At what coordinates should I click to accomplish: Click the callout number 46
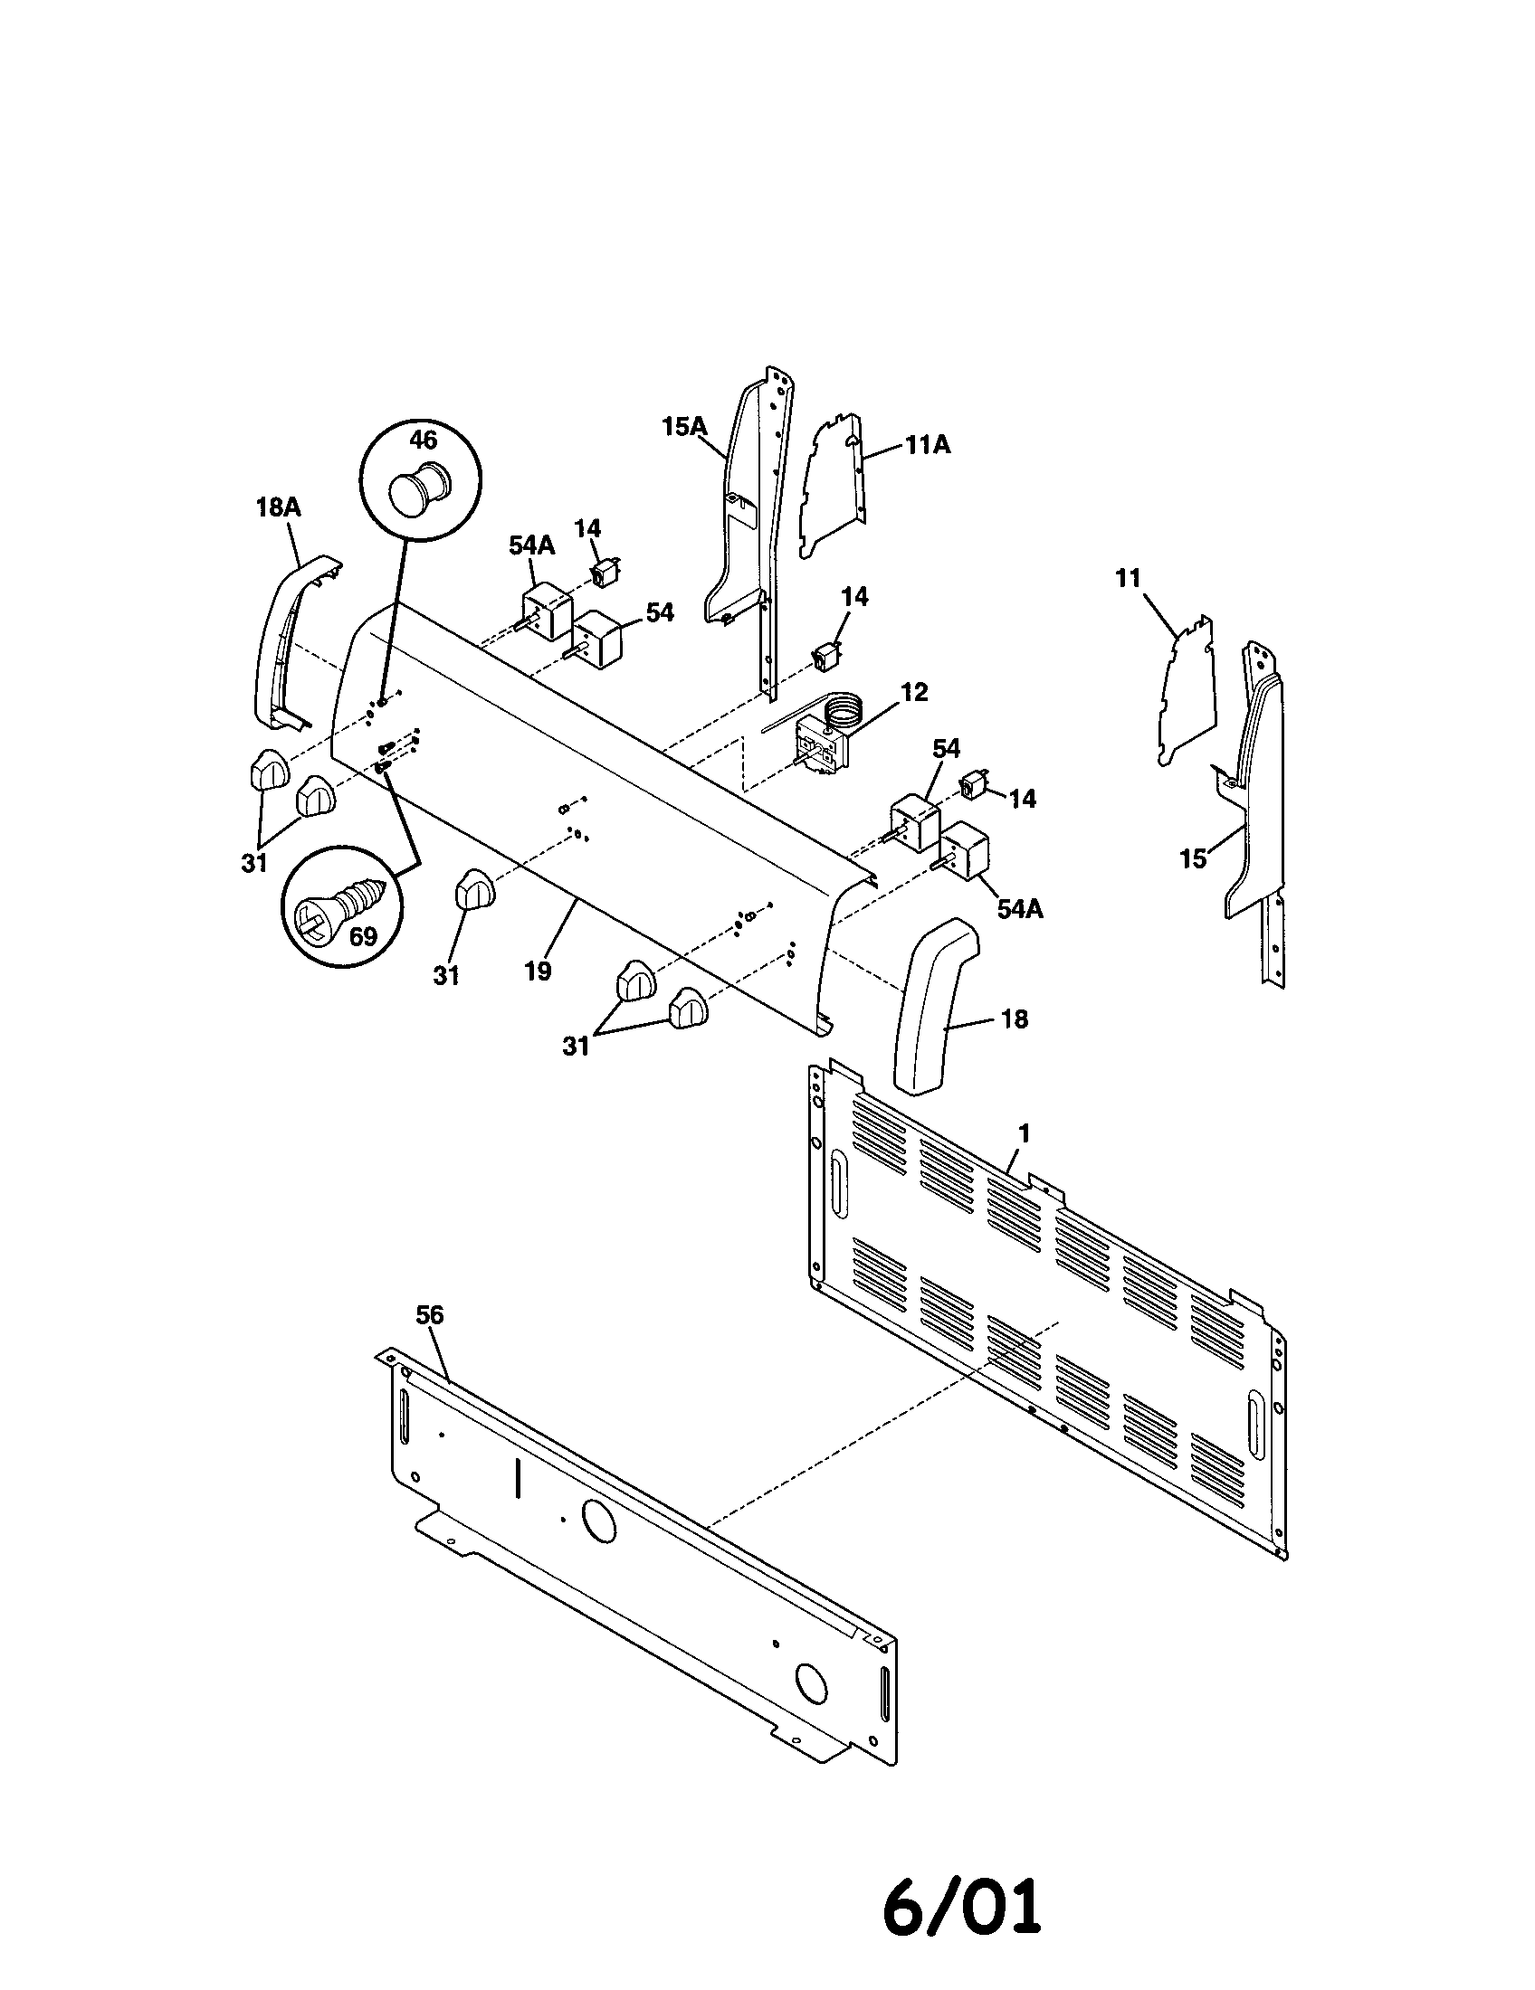point(423,441)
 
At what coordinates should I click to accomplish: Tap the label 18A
point(278,507)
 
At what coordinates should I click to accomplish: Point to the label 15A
point(684,425)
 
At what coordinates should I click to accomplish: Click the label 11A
point(928,445)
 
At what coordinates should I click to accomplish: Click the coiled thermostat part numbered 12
point(825,743)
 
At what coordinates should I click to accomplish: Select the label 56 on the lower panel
point(429,1315)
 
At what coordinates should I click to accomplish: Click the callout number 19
point(538,971)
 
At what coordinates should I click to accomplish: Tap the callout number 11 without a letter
point(1129,579)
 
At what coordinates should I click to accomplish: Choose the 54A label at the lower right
point(1019,908)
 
